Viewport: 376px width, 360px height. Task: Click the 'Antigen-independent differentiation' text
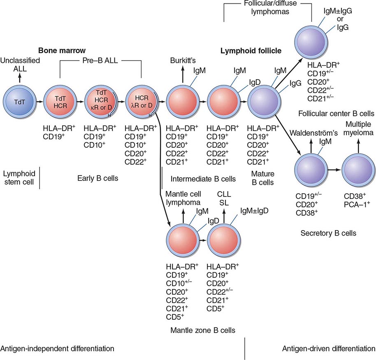(57, 349)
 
